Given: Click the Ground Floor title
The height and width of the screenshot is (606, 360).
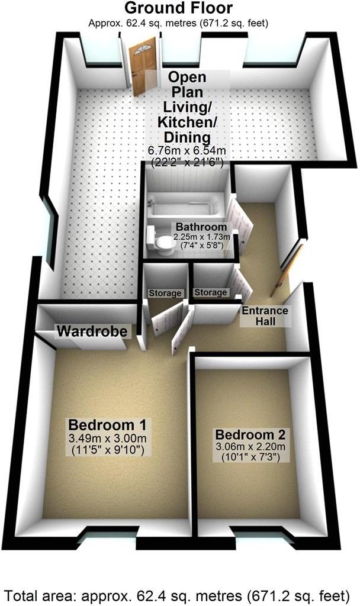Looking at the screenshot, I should [x=178, y=8].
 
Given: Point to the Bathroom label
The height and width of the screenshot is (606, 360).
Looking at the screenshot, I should [x=200, y=227].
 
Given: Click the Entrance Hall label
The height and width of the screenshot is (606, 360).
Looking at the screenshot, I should [x=265, y=316].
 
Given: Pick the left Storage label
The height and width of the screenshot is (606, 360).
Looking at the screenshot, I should [x=164, y=294].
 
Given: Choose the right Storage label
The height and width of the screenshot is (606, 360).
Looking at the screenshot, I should [x=211, y=292].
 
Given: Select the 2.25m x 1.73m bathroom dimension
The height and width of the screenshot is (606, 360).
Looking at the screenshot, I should [x=199, y=236].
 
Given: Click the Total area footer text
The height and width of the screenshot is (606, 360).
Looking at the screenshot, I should [x=179, y=593].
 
